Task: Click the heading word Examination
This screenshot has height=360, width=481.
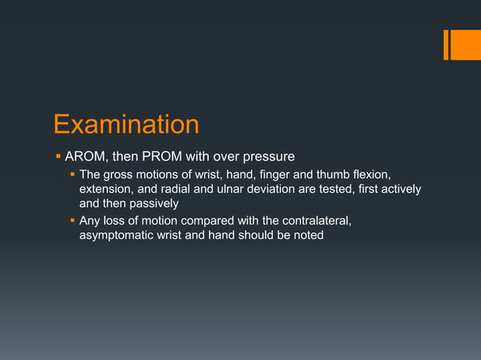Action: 126,125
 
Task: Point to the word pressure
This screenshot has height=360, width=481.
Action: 268,157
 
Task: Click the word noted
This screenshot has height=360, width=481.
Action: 308,236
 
